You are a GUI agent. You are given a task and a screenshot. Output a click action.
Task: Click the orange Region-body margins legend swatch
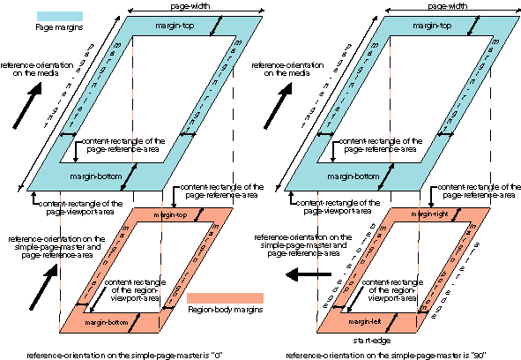pyautogui.click(x=225, y=298)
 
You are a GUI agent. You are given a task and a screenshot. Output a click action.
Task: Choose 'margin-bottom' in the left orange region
pyautogui.click(x=107, y=323)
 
